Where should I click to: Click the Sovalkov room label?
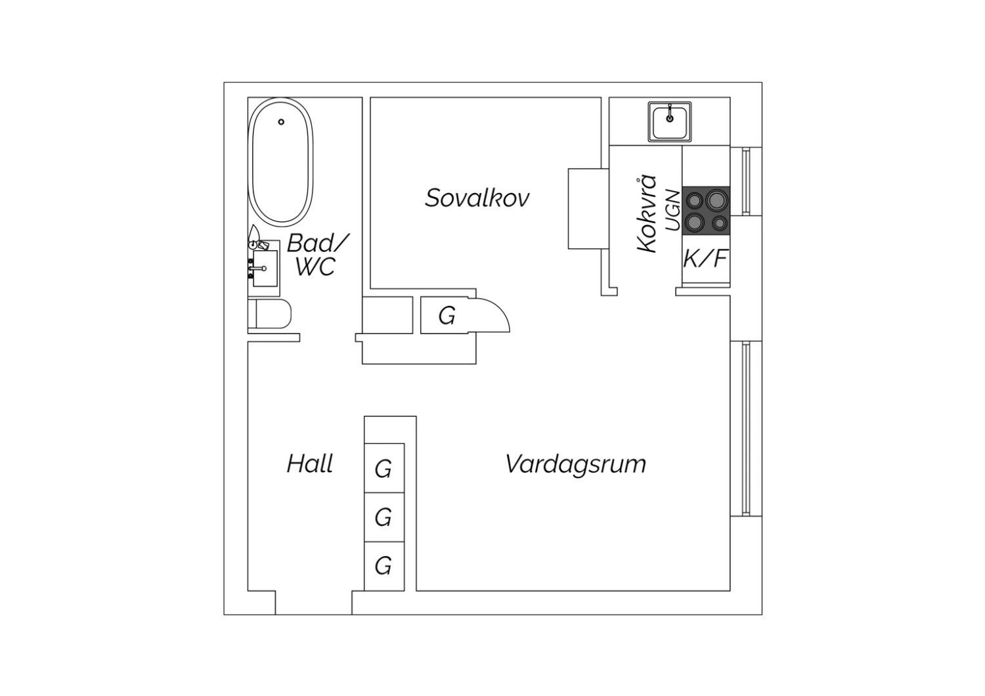click(477, 198)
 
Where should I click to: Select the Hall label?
click(310, 464)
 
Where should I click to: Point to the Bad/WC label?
click(317, 255)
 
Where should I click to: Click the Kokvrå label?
click(647, 213)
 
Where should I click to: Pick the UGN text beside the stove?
click(673, 210)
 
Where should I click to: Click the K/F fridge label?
click(705, 259)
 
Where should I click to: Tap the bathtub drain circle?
click(281, 121)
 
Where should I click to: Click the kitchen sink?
click(670, 121)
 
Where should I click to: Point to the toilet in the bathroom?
click(269, 313)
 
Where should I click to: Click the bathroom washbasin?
click(265, 268)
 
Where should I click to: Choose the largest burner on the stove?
click(717, 200)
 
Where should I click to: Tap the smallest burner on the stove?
click(720, 223)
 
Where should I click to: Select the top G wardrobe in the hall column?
click(384, 468)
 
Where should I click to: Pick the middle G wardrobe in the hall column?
click(384, 517)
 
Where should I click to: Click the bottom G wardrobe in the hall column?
click(384, 566)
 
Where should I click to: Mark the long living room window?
click(746, 428)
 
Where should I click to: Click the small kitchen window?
click(746, 182)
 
